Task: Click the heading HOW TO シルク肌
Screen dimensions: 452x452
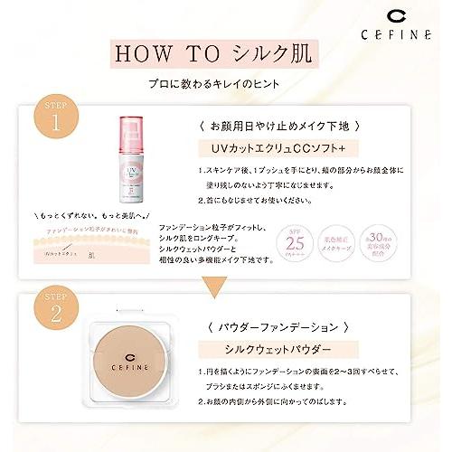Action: pyautogui.click(x=226, y=52)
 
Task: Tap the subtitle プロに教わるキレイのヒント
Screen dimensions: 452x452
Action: pyautogui.click(x=226, y=83)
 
